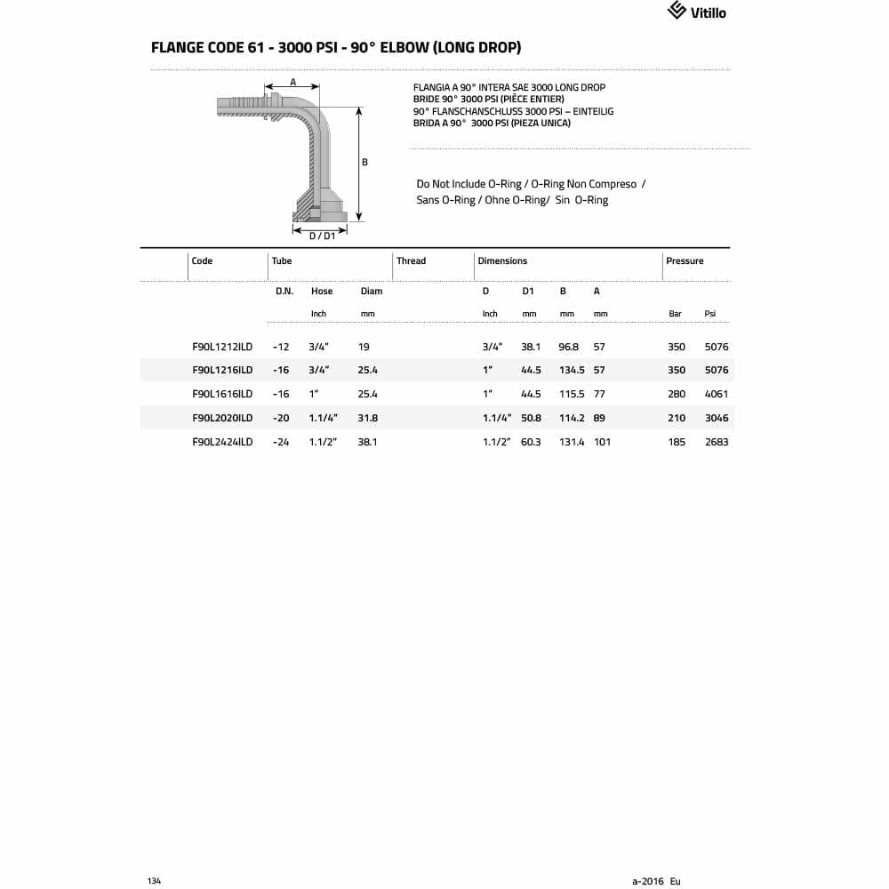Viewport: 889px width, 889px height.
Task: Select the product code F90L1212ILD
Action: pos(222,347)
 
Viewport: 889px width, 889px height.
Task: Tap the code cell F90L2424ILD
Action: pos(222,442)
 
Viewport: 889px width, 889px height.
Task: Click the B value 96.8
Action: pos(569,347)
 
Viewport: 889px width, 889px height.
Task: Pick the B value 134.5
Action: pos(571,370)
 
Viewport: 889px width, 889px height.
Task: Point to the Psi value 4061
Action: pos(716,394)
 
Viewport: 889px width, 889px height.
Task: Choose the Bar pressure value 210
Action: pos(677,418)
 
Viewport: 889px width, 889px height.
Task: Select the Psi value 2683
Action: pos(716,442)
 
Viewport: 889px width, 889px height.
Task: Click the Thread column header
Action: pos(411,261)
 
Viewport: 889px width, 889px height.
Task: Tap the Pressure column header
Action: pos(685,261)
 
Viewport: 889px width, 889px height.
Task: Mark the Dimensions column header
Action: pos(502,261)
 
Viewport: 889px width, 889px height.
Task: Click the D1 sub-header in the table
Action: pos(528,292)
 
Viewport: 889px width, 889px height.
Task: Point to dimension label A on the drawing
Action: pos(292,82)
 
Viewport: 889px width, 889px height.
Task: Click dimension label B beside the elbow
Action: pos(364,163)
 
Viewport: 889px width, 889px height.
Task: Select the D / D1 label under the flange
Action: pos(322,236)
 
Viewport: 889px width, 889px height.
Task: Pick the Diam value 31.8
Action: pos(367,418)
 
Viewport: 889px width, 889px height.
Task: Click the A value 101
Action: pos(602,442)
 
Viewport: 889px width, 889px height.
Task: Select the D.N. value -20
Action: pos(281,418)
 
